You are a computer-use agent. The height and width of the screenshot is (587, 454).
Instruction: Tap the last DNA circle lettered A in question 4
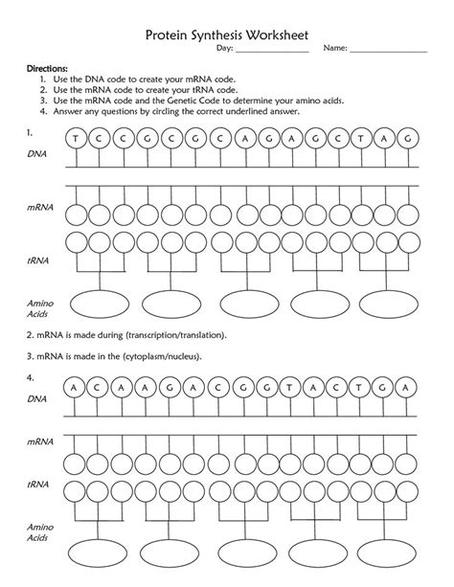410,386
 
